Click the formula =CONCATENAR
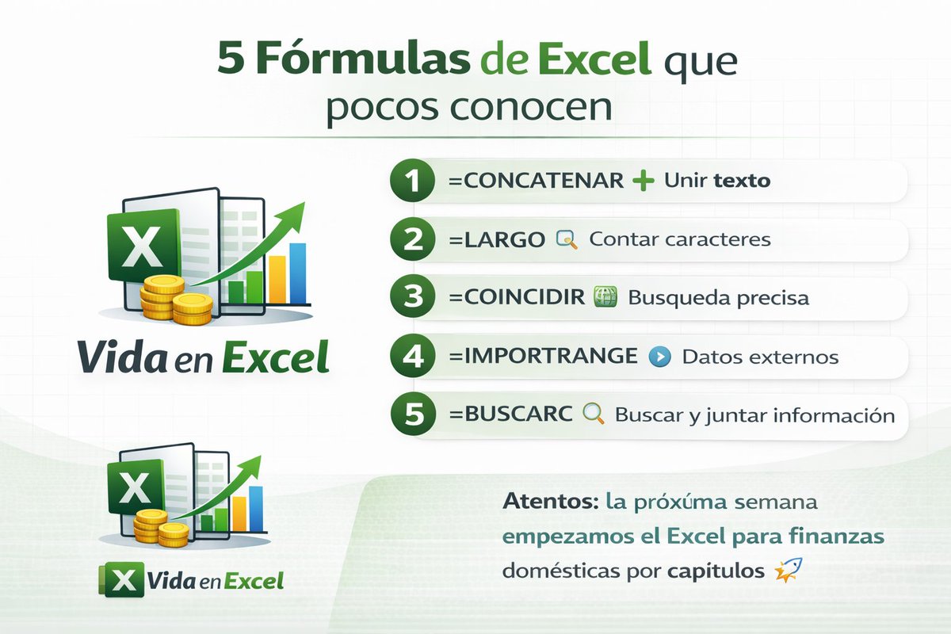coord(536,181)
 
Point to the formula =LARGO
coord(497,239)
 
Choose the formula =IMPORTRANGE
coord(543,357)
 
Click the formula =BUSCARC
coord(510,414)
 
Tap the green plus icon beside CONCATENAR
coord(644,181)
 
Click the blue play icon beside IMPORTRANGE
coord(658,357)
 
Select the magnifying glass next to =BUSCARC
coord(594,414)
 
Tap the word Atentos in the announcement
coord(547,502)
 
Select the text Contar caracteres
coord(680,239)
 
